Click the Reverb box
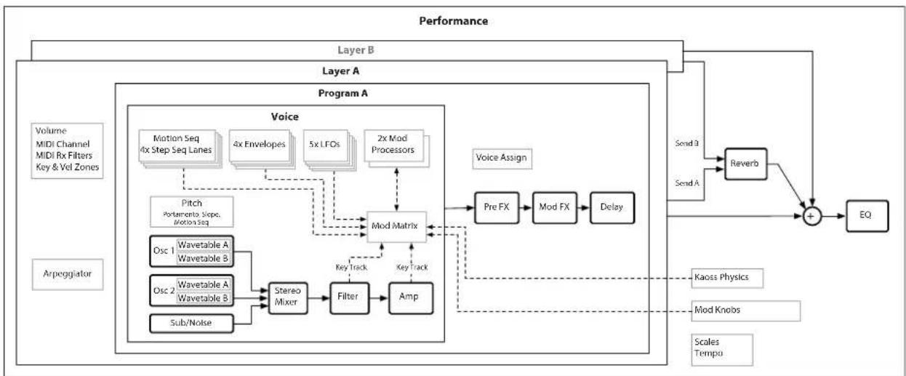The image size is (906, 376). [745, 164]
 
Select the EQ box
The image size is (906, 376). [867, 216]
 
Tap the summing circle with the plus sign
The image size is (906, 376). [811, 216]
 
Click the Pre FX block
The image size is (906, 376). [497, 207]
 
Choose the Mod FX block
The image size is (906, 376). [554, 207]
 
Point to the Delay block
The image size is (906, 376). [612, 207]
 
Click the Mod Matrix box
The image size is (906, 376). [396, 227]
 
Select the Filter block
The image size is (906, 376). [349, 298]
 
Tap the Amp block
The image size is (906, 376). [411, 298]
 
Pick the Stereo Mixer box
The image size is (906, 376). [287, 298]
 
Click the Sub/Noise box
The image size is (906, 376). [191, 324]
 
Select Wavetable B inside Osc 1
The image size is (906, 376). [204, 258]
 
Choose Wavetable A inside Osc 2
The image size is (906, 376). [204, 284]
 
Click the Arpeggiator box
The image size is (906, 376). [68, 274]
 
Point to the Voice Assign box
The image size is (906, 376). [502, 159]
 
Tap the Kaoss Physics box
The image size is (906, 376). [727, 278]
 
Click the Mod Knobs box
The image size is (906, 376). [746, 311]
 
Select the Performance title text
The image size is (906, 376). [454, 21]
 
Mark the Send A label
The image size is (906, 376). [687, 183]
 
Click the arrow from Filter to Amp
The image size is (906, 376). [379, 298]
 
